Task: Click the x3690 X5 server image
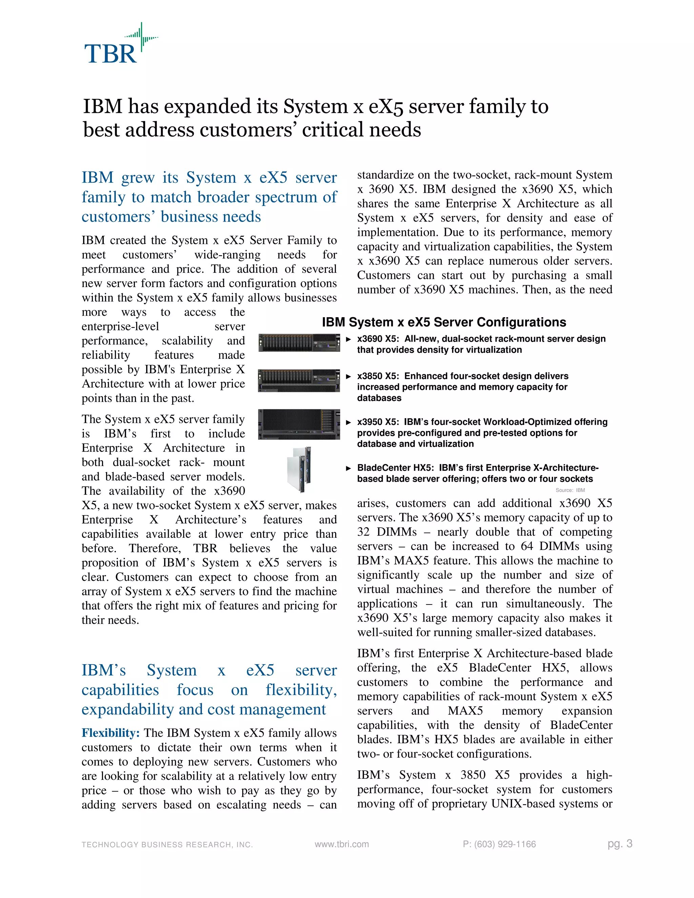[x=299, y=343]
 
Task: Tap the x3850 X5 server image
[x=299, y=380]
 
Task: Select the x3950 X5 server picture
[x=299, y=424]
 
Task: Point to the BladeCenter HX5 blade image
[x=299, y=470]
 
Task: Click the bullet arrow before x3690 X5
[x=348, y=339]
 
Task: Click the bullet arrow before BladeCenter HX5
[x=348, y=468]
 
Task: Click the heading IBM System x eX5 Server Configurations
[x=444, y=322]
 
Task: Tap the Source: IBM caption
[x=570, y=490]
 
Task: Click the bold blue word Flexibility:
[x=110, y=732]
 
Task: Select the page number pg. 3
[x=619, y=844]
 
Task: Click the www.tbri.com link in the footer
[x=342, y=844]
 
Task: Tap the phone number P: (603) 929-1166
[x=499, y=844]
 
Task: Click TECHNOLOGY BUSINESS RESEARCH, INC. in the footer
[x=167, y=844]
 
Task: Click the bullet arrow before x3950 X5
[x=348, y=422]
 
